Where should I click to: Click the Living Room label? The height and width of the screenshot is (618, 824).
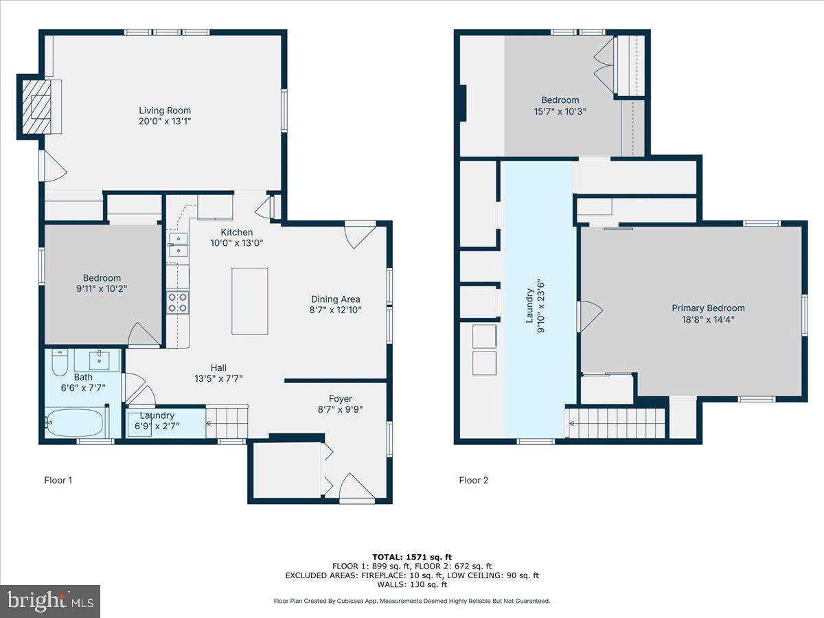tap(165, 111)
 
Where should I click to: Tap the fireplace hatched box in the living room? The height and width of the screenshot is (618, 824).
tap(35, 106)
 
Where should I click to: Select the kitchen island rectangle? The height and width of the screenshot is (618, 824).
tap(249, 301)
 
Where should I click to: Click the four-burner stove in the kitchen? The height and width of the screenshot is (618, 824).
tap(178, 302)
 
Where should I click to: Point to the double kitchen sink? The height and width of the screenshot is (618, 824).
tap(178, 245)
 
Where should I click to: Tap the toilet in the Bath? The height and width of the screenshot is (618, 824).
tap(60, 362)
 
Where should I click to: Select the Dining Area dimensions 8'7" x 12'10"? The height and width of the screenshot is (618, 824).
tap(335, 310)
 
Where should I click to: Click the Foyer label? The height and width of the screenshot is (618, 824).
tap(340, 399)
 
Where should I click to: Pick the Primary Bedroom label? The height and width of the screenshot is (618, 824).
tap(708, 308)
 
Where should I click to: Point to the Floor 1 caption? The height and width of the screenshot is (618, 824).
tap(58, 481)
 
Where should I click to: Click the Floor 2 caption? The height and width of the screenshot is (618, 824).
tap(474, 481)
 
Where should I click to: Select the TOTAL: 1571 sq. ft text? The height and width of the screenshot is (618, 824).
tap(412, 557)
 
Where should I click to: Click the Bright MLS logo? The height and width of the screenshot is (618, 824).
tap(50, 602)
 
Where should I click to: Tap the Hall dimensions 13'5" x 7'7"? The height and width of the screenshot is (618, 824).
tap(218, 378)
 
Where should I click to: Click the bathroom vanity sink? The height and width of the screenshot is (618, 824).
tap(101, 359)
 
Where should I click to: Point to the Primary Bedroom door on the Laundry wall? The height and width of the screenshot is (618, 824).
tap(590, 315)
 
